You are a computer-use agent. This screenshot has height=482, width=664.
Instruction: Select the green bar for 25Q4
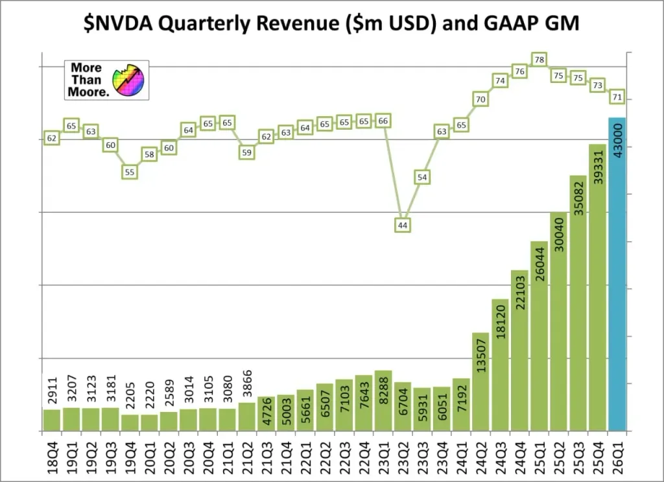597,292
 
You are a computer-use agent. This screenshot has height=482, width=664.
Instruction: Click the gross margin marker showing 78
539,60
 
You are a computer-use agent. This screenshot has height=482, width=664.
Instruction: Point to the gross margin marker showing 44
402,225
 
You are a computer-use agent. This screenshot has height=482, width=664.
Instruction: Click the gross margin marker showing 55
130,172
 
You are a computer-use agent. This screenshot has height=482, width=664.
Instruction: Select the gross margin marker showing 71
617,97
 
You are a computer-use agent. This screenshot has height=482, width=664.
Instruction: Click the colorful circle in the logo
128,80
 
